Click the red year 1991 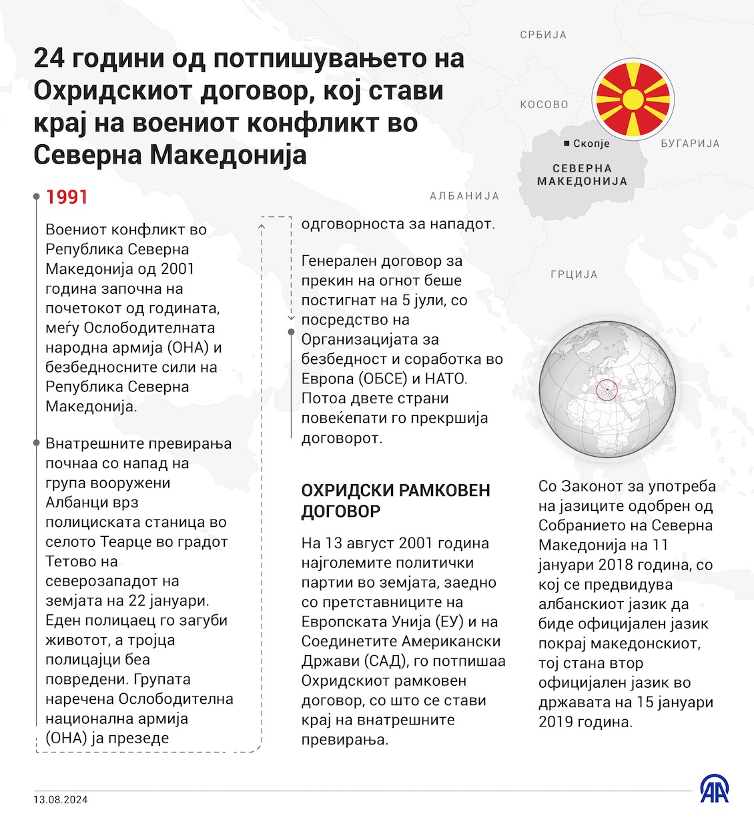67,197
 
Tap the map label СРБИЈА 543,35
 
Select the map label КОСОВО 544,104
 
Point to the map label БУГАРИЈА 690,144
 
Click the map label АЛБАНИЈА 464,196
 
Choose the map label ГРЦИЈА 574,274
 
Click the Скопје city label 591,144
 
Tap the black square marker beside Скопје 567,144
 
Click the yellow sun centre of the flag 633,99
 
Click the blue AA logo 714,789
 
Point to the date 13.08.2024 61,799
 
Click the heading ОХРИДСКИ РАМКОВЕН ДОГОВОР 396,501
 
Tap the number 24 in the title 49,59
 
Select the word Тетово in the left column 72,562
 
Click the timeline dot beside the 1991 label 37,197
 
